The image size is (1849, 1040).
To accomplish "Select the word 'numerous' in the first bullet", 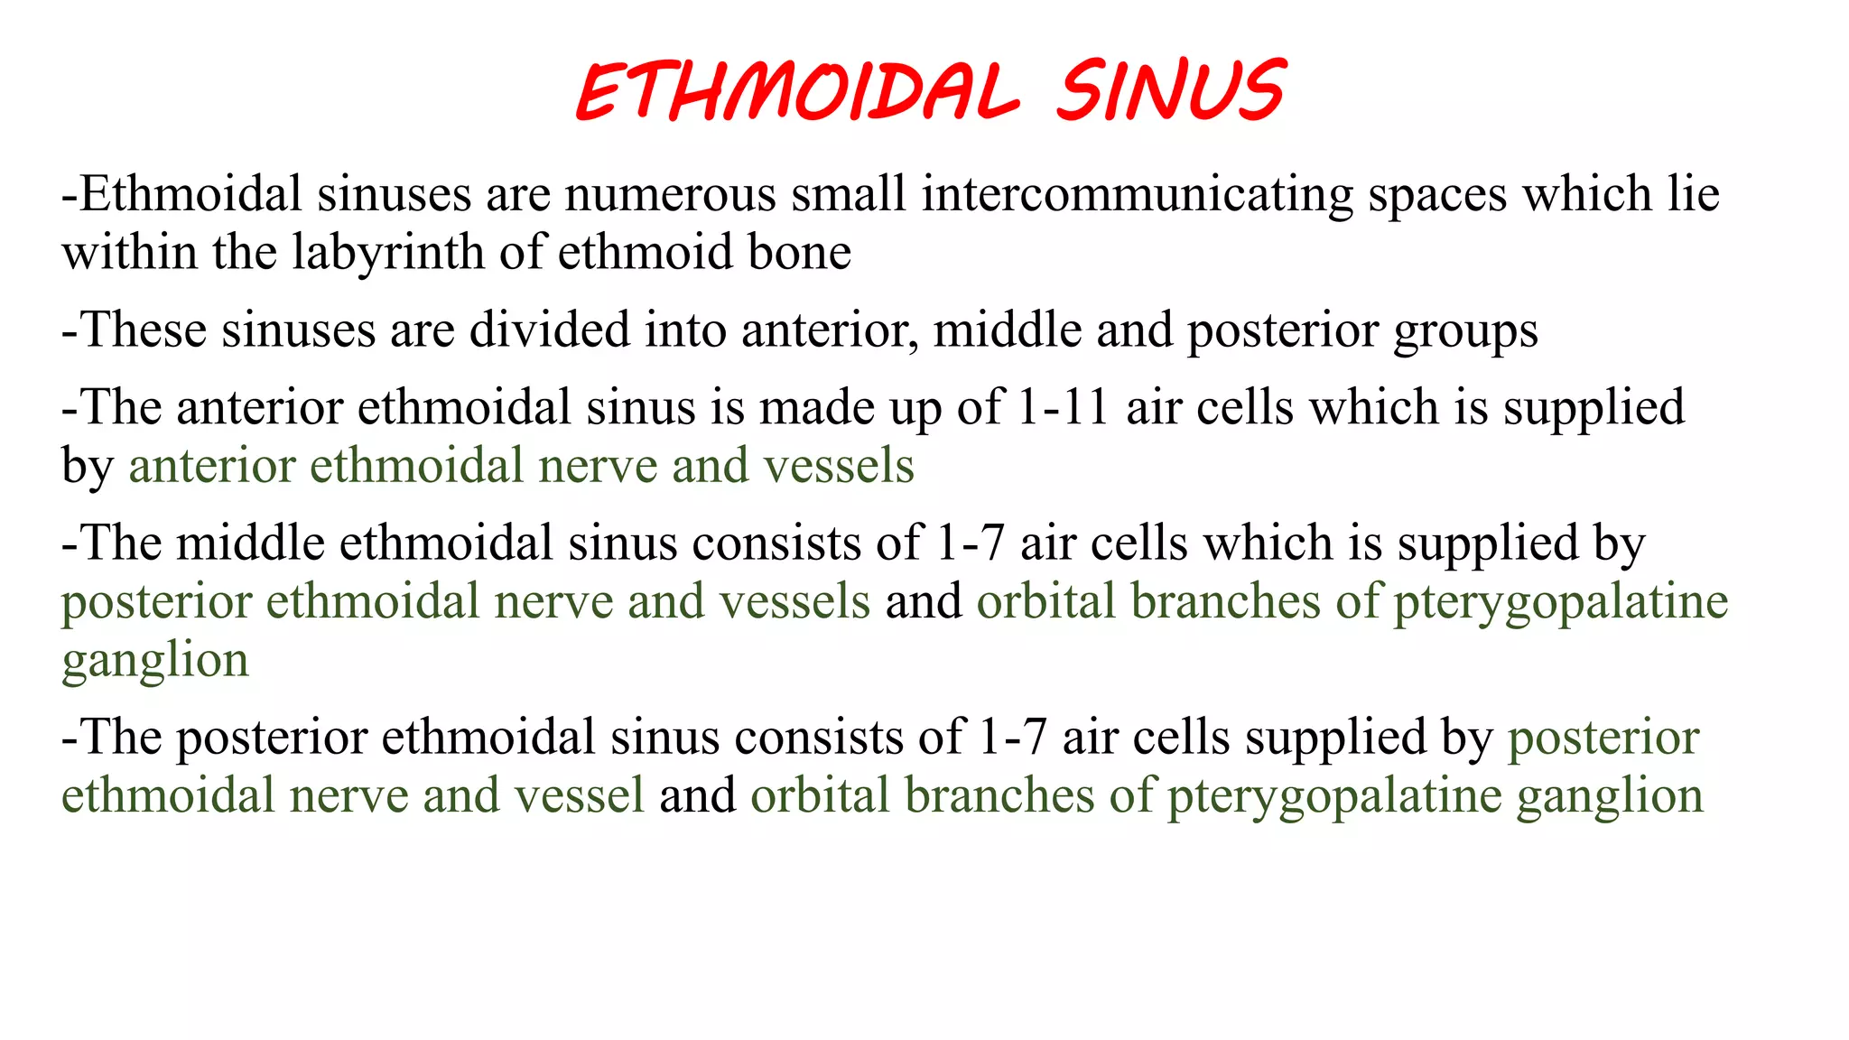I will click(x=670, y=194).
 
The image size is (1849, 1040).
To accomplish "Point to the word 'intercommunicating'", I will click(x=1137, y=194).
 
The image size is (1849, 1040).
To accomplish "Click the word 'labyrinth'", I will click(x=388, y=252).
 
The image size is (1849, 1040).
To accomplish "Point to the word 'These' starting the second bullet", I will click(x=144, y=330).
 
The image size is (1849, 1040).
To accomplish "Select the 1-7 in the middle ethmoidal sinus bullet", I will click(x=971, y=543).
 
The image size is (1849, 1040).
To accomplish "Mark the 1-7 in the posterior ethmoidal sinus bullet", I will click(x=1012, y=738).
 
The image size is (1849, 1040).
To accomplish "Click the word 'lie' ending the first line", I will click(x=1693, y=194).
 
